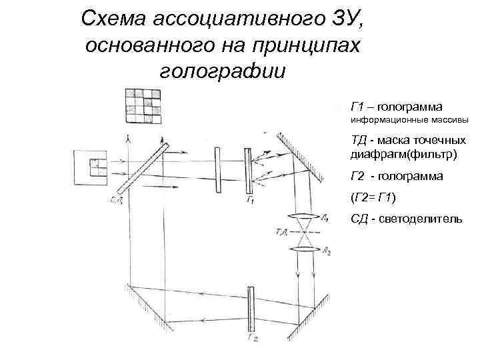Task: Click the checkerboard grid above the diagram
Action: (143, 105)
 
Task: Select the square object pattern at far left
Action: (92, 168)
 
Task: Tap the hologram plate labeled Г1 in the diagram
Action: (248, 171)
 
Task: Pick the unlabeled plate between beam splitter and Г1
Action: (217, 171)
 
